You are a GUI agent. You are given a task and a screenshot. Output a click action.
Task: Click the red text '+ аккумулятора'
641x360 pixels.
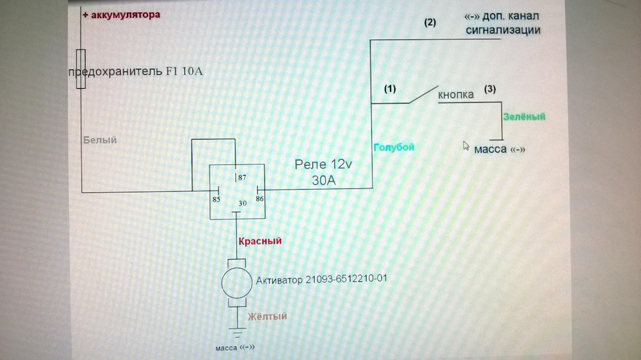click(122, 15)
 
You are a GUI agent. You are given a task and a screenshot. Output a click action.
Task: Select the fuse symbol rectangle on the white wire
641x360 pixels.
click(81, 69)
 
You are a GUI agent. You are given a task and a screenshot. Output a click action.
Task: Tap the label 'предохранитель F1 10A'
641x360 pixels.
click(136, 71)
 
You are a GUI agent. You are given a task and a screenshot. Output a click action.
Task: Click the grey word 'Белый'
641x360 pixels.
click(99, 140)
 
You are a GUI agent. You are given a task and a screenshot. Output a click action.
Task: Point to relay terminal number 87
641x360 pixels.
click(242, 178)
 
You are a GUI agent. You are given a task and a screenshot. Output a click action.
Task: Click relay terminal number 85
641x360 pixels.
click(216, 199)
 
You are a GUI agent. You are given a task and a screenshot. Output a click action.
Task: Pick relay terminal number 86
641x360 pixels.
click(260, 199)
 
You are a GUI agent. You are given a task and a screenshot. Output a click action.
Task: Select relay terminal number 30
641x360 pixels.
click(242, 203)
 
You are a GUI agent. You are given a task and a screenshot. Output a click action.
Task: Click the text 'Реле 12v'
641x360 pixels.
click(323, 164)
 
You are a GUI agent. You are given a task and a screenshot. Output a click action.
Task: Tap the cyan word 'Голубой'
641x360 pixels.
click(394, 147)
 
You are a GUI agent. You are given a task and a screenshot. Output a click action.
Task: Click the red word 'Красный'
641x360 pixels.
click(260, 241)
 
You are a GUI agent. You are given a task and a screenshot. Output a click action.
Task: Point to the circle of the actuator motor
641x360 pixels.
click(236, 283)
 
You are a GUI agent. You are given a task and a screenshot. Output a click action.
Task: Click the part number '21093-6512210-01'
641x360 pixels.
click(347, 279)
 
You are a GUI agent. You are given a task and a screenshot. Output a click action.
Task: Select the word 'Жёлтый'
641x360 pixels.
click(267, 316)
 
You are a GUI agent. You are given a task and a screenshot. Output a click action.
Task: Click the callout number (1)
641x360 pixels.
click(390, 89)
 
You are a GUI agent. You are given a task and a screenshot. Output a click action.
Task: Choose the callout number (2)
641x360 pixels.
click(429, 23)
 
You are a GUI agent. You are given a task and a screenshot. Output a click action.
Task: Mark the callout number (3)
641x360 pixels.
click(489, 89)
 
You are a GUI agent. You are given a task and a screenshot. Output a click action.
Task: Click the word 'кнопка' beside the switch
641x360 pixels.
click(456, 95)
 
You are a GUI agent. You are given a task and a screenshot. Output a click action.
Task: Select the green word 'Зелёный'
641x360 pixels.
click(524, 117)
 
